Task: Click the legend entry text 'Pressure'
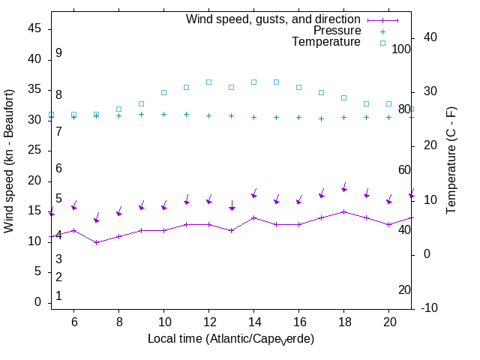click(337, 31)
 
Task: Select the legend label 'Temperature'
click(326, 42)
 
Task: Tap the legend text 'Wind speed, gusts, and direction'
click(274, 19)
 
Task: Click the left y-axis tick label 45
click(34, 28)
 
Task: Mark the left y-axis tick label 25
click(34, 150)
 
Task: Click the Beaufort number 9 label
click(58, 53)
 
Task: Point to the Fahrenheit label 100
click(401, 49)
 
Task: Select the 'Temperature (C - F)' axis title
click(452, 159)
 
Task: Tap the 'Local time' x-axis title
click(230, 339)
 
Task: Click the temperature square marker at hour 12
click(208, 82)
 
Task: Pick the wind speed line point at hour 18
click(343, 211)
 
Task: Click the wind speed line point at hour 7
click(96, 242)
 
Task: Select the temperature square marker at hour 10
click(163, 92)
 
